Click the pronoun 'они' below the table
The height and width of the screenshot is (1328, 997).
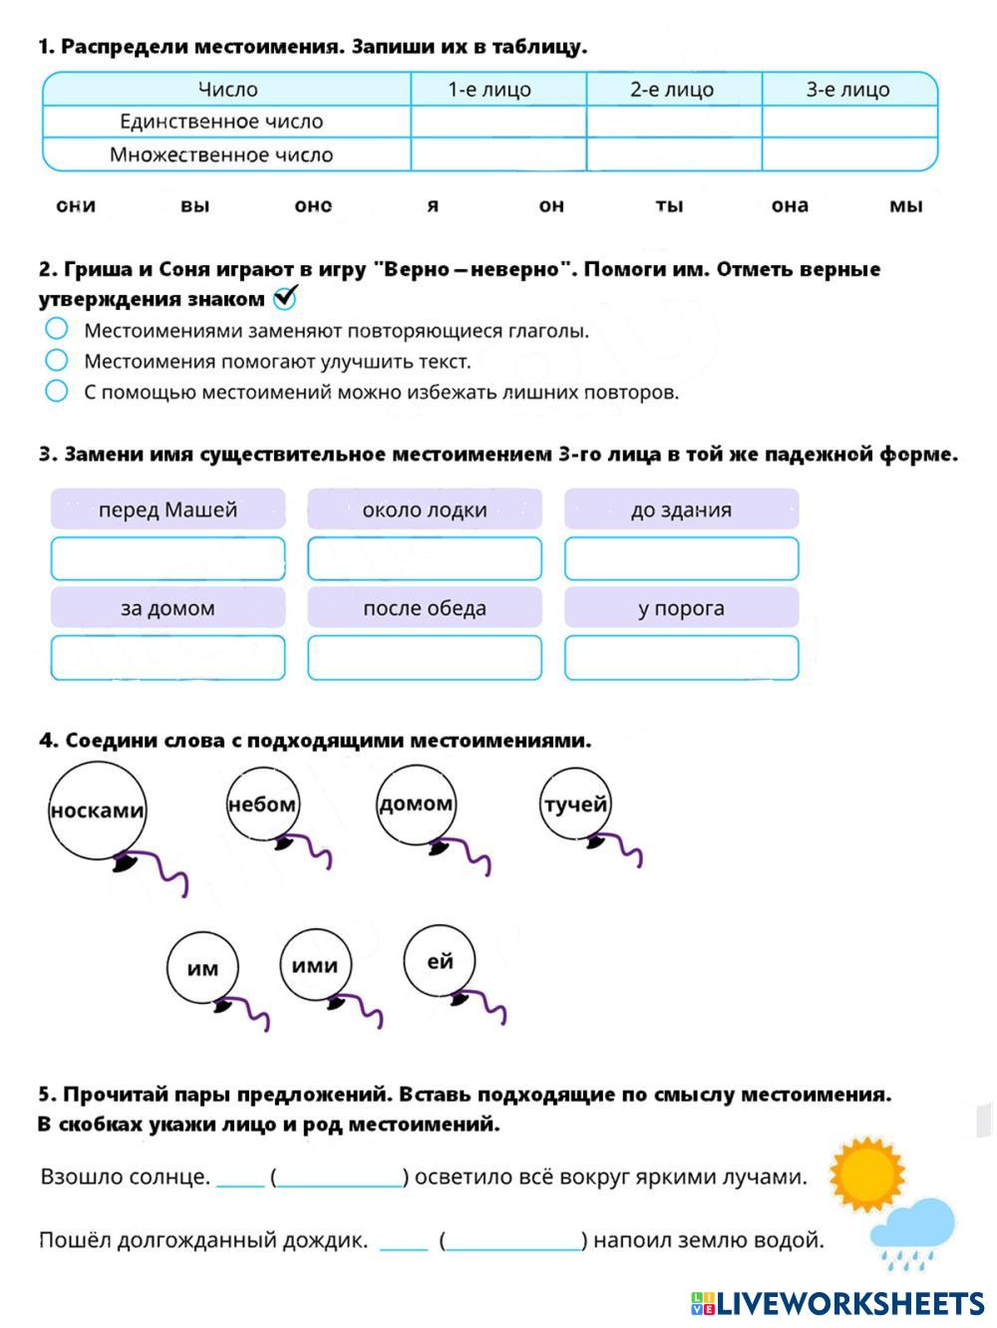[76, 205]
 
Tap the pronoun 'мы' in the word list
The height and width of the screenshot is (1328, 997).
[905, 205]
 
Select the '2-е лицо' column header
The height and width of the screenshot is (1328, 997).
[673, 90]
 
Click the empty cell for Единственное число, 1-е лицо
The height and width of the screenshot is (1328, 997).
[498, 122]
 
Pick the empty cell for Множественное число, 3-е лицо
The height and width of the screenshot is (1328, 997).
[848, 155]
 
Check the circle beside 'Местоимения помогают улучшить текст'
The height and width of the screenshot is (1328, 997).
[57, 360]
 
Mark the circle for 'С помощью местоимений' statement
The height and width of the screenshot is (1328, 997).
[57, 391]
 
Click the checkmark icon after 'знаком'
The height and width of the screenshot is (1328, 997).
[285, 297]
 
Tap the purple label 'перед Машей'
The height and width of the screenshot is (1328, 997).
[167, 509]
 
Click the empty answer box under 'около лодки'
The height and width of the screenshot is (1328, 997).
[425, 558]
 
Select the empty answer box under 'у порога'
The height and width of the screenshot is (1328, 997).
[682, 657]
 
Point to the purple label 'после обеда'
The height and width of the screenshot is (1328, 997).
[425, 608]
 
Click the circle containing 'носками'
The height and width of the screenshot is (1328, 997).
[97, 811]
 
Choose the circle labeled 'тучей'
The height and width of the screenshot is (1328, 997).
[574, 804]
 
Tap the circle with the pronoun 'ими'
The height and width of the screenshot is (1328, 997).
[315, 964]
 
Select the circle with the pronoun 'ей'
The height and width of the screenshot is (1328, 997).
[440, 961]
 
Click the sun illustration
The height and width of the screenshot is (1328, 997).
[866, 1173]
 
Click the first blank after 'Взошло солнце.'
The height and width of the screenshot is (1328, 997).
[240, 1177]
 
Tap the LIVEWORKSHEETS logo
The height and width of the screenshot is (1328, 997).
[837, 1302]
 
